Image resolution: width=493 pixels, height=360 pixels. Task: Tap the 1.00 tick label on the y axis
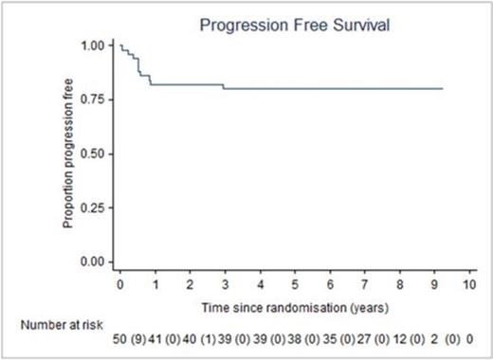coord(95,45)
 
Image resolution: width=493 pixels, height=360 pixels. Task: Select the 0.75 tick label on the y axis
coord(95,99)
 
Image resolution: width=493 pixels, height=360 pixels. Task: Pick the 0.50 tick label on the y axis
coord(95,153)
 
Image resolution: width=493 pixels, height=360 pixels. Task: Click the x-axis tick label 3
coord(225,284)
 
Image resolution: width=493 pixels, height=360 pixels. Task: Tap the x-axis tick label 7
coord(364,284)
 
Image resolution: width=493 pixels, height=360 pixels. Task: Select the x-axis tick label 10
coord(468,284)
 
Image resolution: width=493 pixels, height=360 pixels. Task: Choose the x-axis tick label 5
coord(295,284)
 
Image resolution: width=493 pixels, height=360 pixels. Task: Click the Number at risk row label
coord(56,325)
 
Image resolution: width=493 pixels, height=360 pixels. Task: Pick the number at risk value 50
coord(121,338)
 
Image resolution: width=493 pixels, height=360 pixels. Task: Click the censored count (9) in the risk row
coord(139,338)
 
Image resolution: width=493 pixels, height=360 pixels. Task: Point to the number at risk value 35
coord(330,338)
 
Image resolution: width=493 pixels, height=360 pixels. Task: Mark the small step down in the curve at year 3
coord(225,87)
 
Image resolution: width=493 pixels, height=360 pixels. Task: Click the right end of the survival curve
coord(442,89)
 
